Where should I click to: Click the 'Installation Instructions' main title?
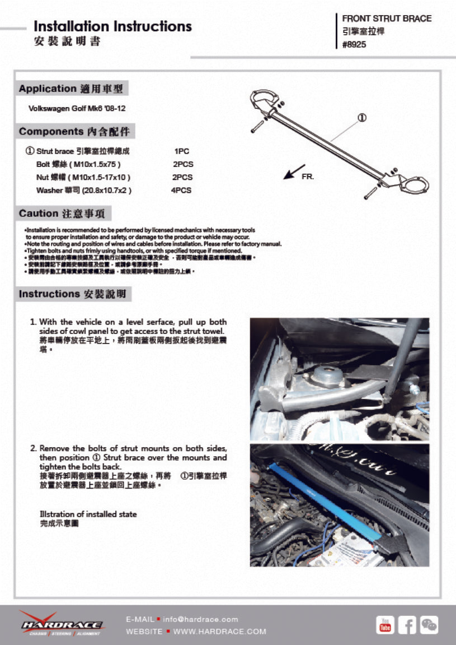pyautogui.click(x=112, y=26)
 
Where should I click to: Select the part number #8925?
pyautogui.click(x=354, y=45)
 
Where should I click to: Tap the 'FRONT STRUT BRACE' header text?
pyautogui.click(x=387, y=18)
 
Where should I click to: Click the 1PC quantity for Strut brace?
pyautogui.click(x=182, y=151)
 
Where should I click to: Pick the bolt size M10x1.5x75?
pyautogui.click(x=94, y=164)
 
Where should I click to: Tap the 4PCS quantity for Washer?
pyautogui.click(x=181, y=191)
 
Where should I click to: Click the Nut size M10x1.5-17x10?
pyautogui.click(x=99, y=177)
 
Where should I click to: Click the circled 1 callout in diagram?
pyautogui.click(x=362, y=118)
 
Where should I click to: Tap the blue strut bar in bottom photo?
pyautogui.click(x=325, y=500)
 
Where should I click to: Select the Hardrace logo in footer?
pyautogui.click(x=61, y=624)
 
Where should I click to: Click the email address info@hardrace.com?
pyautogui.click(x=200, y=619)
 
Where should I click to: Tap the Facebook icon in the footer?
pyautogui.click(x=407, y=624)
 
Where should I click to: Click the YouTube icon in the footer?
pyautogui.click(x=385, y=624)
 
